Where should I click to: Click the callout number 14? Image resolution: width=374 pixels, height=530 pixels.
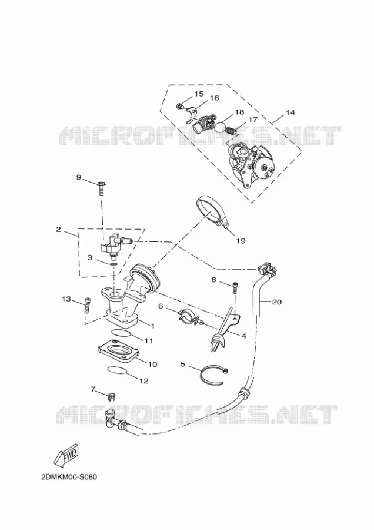pyautogui.click(x=290, y=113)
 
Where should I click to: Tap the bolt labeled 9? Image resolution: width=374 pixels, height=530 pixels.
pyautogui.click(x=101, y=188)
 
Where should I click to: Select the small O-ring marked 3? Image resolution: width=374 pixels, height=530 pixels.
pyautogui.click(x=113, y=264)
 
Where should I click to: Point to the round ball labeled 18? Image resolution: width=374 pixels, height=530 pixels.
pyautogui.click(x=221, y=127)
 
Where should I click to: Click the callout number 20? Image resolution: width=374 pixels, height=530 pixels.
pyautogui.click(x=276, y=302)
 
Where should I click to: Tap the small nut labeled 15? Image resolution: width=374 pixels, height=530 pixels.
pyautogui.click(x=179, y=107)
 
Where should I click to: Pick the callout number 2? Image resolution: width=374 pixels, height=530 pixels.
pyautogui.click(x=58, y=230)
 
